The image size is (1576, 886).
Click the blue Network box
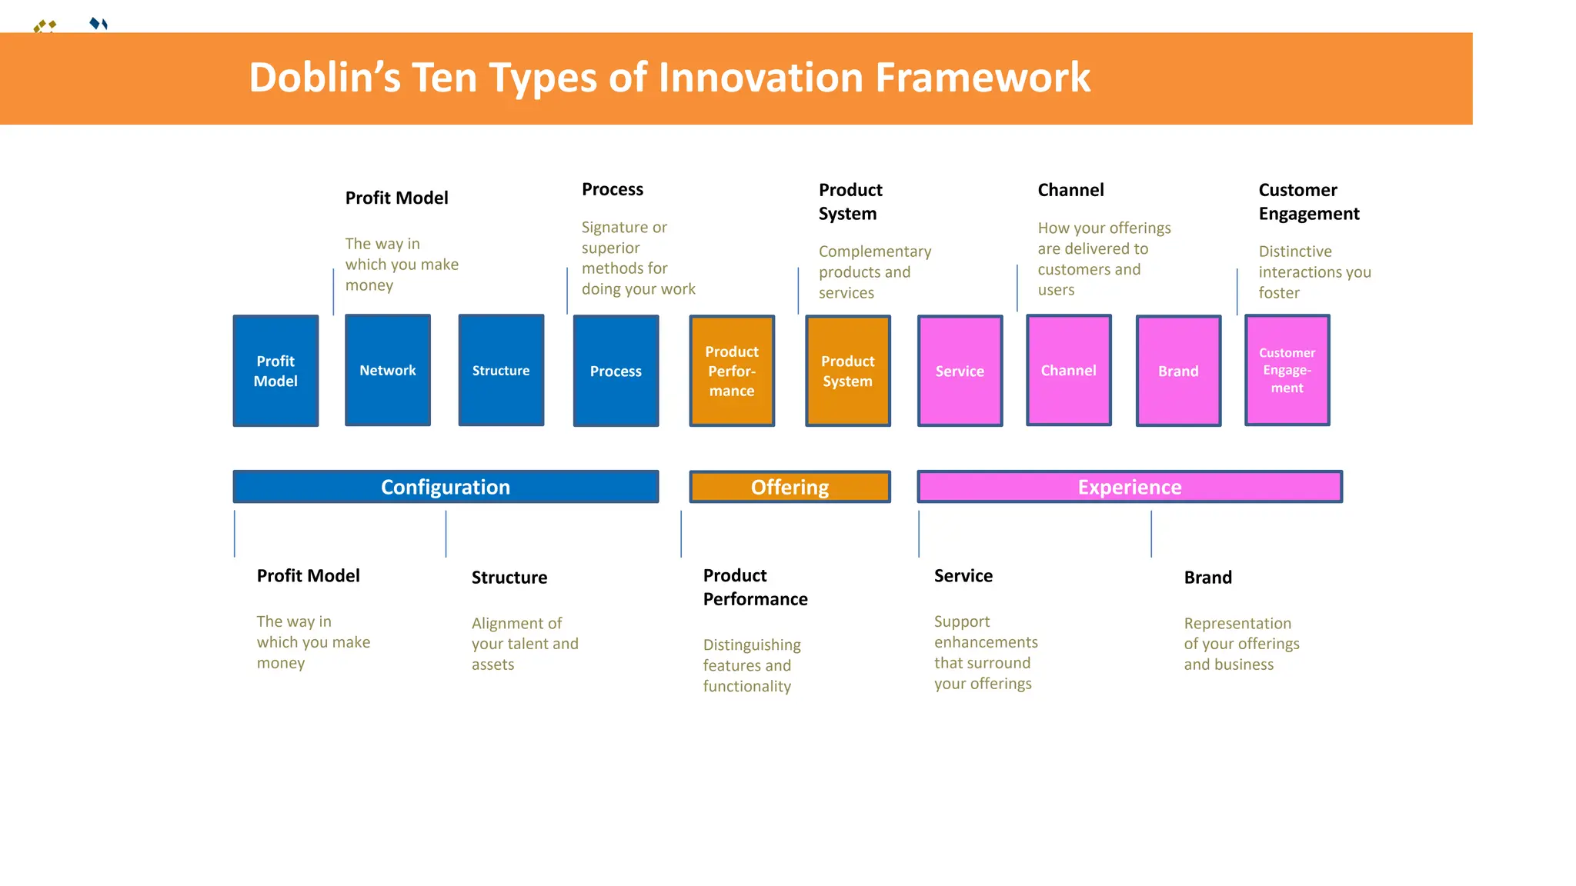[x=388, y=370]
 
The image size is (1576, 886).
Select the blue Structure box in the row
[x=501, y=370]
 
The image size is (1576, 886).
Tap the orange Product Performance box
[x=732, y=371]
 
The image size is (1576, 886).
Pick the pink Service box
[x=960, y=371]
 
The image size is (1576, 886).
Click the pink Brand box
[x=1178, y=371]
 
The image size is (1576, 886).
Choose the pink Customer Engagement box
[x=1287, y=370]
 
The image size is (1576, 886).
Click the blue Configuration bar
[x=446, y=487]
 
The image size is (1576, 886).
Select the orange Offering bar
[x=790, y=487]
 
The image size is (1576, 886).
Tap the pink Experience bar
[x=1129, y=487]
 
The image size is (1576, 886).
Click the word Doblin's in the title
[x=324, y=78]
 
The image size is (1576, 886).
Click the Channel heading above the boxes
[x=1070, y=190]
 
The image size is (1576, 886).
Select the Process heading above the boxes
[x=612, y=189]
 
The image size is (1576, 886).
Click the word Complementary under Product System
[x=874, y=251]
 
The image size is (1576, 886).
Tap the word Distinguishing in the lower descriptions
[x=751, y=645]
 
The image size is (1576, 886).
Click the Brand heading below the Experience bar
[x=1207, y=578]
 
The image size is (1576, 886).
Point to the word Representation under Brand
[x=1237, y=623]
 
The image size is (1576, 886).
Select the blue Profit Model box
[x=275, y=371]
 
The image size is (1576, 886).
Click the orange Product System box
[x=847, y=371]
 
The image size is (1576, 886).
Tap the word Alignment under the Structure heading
[x=516, y=623]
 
